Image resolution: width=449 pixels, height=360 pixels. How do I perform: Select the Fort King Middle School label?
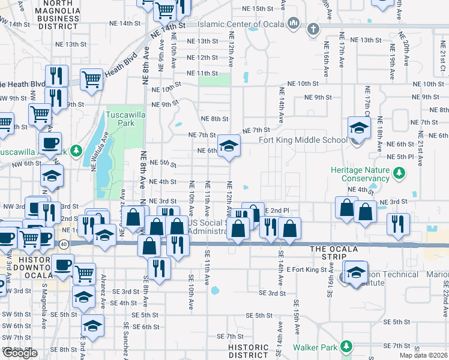click(x=303, y=140)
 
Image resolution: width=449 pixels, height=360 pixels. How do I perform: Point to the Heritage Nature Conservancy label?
click(x=361, y=174)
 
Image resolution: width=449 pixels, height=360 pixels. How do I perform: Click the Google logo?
click(x=20, y=353)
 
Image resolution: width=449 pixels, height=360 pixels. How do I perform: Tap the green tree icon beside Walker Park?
click(x=346, y=347)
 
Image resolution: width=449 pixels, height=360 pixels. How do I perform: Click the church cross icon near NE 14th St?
click(x=313, y=29)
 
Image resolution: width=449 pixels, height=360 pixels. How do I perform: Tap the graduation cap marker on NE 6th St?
click(x=228, y=145)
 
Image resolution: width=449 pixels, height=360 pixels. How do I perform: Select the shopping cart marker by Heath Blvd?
click(x=91, y=78)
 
